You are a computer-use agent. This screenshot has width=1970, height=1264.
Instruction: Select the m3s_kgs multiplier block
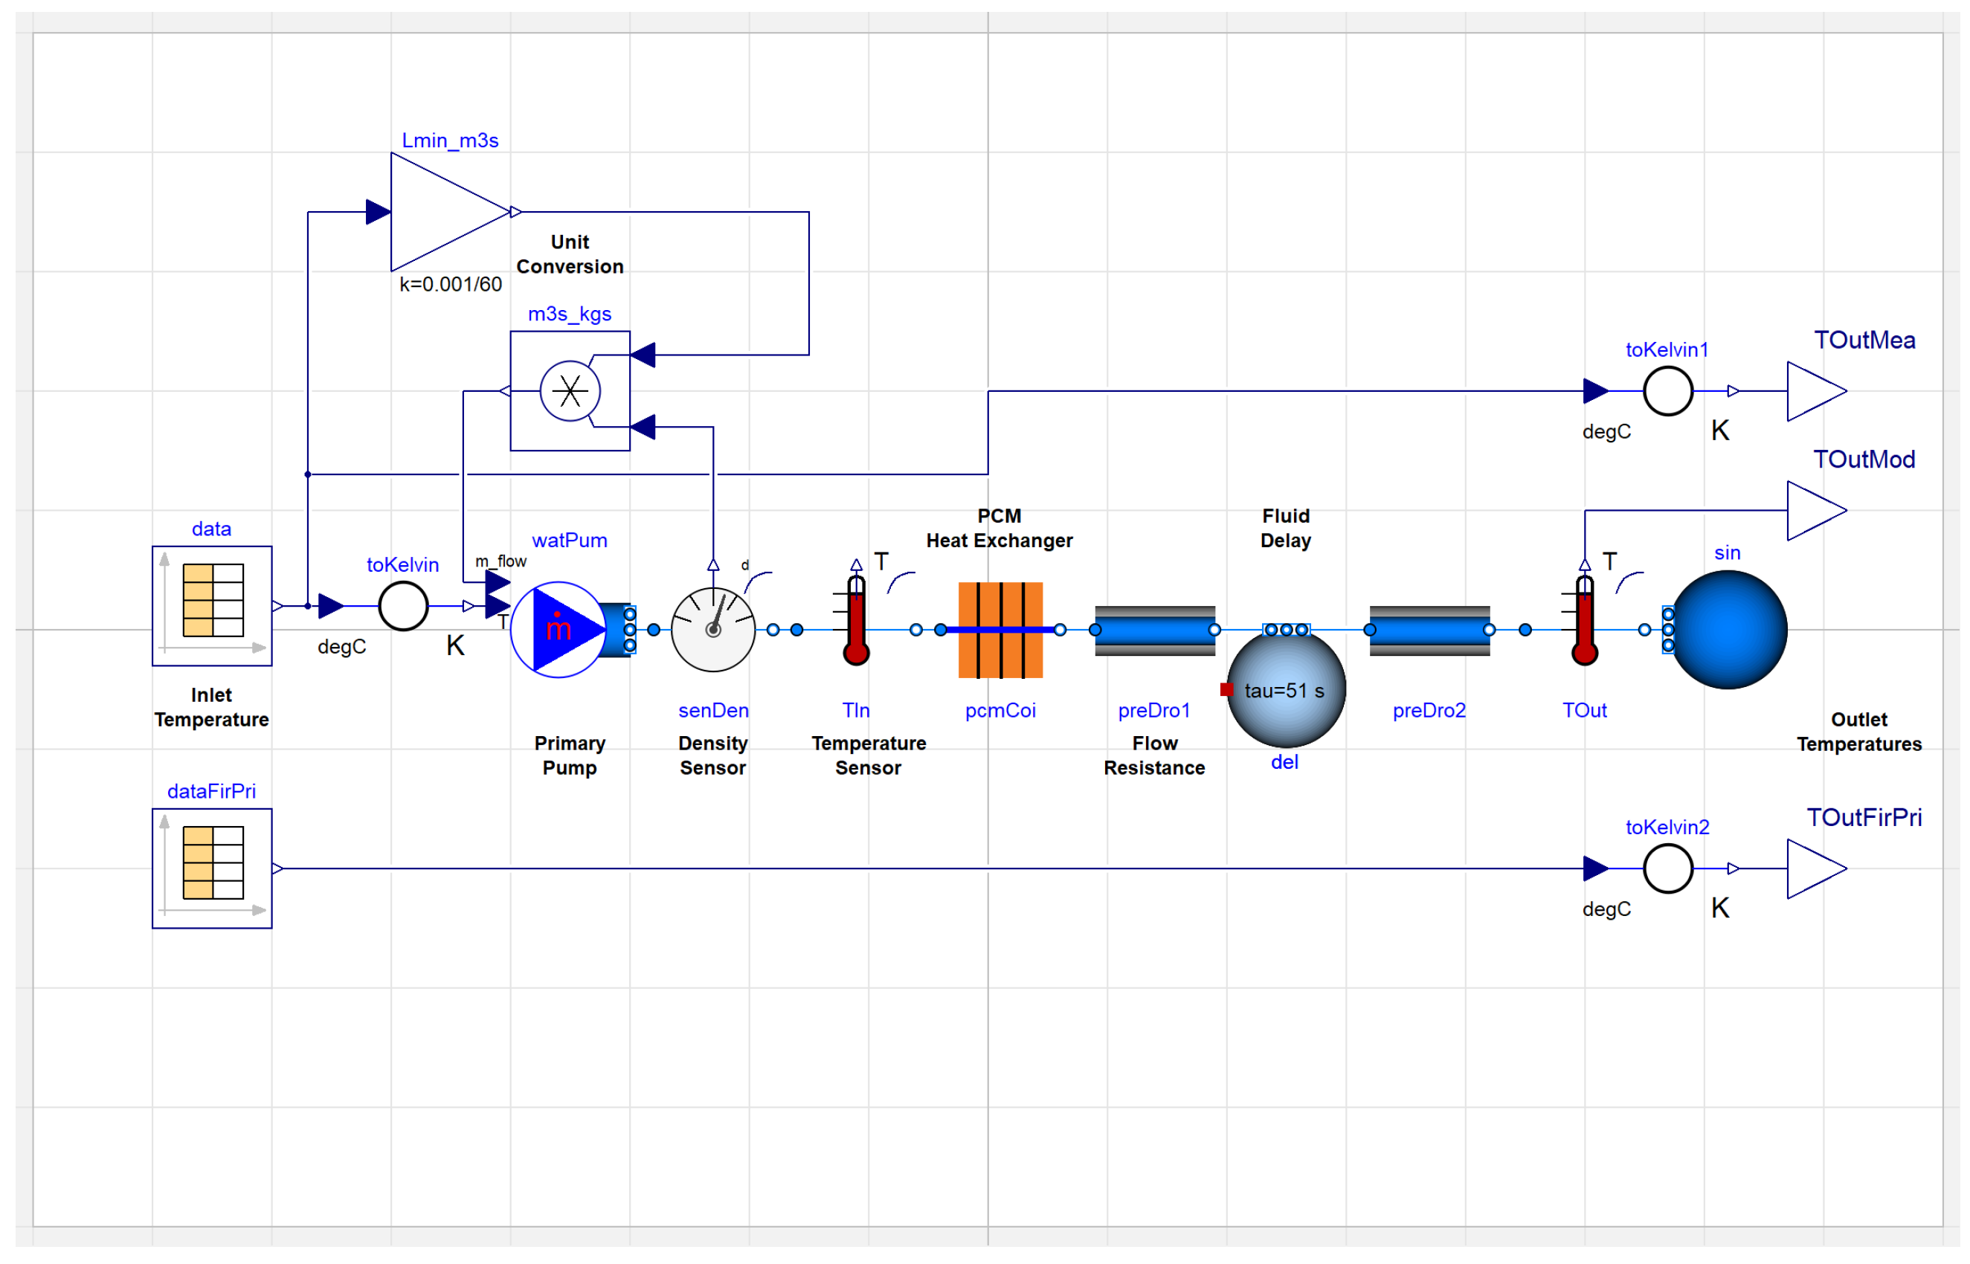click(x=570, y=390)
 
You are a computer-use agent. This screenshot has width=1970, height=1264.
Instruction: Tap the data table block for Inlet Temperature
click(x=212, y=606)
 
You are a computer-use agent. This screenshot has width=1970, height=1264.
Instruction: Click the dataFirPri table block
click(x=212, y=868)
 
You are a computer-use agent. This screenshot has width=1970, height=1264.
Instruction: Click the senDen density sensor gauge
click(x=712, y=629)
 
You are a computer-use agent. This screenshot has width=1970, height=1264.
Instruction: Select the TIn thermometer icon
click(x=856, y=619)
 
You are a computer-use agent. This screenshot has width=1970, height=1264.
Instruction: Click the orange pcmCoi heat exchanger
click(x=1000, y=630)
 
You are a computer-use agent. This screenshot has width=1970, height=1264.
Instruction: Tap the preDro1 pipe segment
click(x=1155, y=631)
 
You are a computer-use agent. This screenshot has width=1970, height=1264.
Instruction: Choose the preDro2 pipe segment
click(x=1429, y=631)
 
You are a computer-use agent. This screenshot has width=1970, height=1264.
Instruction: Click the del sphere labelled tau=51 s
click(x=1285, y=688)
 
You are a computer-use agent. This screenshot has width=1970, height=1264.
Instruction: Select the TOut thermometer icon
click(x=1584, y=619)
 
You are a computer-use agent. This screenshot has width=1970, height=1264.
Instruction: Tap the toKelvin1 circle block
click(x=1667, y=392)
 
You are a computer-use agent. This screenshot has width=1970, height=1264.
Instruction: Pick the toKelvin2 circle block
click(x=1667, y=868)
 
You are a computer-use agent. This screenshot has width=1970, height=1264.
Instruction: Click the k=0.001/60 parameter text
click(x=451, y=284)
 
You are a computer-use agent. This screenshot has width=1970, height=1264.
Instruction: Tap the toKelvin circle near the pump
click(x=403, y=606)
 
